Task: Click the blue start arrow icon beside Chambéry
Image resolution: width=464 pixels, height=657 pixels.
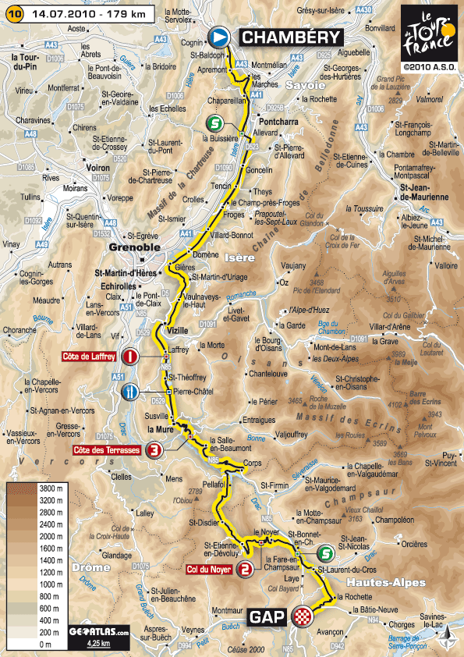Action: [x=220, y=37]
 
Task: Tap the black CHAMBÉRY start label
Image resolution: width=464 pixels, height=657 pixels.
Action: [x=290, y=37]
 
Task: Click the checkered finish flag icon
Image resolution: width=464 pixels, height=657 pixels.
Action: [x=300, y=618]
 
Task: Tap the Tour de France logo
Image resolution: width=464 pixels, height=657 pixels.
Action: [x=428, y=38]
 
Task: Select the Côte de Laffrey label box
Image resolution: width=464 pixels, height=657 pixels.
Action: [x=88, y=357]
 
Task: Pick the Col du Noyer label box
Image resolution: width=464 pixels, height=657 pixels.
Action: [x=212, y=569]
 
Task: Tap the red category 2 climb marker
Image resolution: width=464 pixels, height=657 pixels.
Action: [x=246, y=569]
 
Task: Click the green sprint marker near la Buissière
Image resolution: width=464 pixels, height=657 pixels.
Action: [x=214, y=123]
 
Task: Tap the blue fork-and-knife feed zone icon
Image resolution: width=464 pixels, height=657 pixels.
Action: [x=133, y=390]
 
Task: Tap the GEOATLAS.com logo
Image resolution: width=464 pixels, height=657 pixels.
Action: [x=97, y=633]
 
